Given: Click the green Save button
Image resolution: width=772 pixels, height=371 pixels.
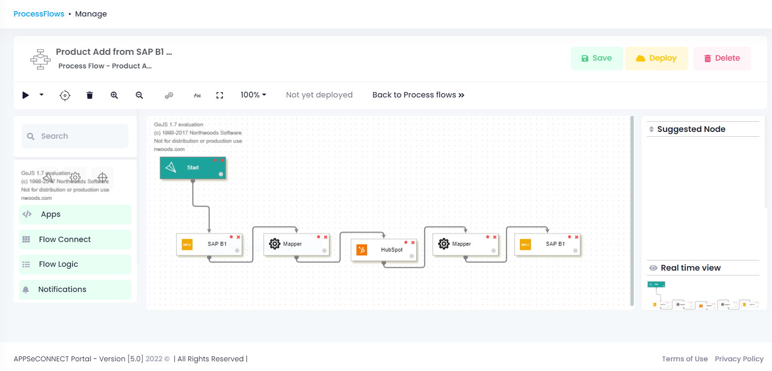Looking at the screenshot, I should click(596, 58).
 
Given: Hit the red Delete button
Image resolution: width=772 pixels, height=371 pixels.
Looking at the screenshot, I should click(722, 58).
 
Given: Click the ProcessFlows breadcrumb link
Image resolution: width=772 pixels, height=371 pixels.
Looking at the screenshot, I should click(39, 14).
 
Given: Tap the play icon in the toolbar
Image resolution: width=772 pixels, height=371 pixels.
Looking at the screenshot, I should click(26, 95).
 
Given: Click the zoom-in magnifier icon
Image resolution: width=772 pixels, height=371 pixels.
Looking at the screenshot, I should click(114, 95).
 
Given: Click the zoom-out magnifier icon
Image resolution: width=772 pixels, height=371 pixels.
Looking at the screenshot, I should click(139, 95).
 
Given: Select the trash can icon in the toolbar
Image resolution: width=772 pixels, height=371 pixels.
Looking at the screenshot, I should click(90, 95).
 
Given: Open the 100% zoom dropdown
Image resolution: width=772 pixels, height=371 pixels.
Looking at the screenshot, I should click(253, 95).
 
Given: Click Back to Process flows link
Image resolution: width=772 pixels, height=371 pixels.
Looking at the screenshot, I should click(418, 95).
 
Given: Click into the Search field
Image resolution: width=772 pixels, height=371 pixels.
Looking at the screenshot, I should click(80, 136).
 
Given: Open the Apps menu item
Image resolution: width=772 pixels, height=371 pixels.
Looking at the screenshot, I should click(75, 214).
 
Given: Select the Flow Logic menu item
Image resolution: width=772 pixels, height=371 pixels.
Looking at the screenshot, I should click(75, 264).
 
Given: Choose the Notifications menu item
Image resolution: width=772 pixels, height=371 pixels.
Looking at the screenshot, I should click(75, 290).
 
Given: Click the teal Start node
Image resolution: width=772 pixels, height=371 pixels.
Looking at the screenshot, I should click(193, 168).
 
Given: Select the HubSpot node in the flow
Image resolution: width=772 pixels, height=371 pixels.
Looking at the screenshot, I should click(384, 250).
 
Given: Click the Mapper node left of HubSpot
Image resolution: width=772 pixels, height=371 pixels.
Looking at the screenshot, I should click(296, 244).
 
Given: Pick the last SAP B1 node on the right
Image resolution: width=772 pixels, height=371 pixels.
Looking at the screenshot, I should click(547, 244).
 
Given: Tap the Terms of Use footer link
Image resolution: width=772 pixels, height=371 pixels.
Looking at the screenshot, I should click(684, 359).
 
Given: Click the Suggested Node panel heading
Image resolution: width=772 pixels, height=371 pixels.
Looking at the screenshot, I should click(691, 129).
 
